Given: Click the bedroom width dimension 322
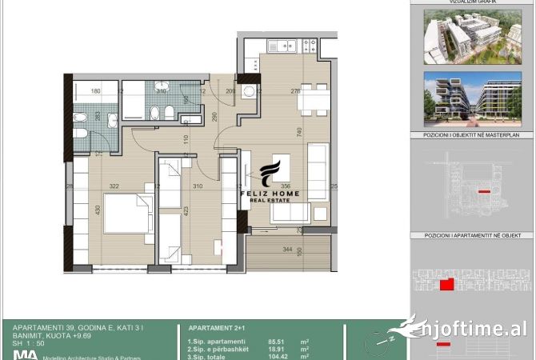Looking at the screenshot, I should (114, 186).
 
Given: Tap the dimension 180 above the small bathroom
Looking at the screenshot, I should (95, 91).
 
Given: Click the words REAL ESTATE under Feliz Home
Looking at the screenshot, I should (271, 202).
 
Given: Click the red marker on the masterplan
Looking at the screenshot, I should (482, 192).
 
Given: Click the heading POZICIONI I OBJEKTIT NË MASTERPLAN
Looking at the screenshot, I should (471, 136).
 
